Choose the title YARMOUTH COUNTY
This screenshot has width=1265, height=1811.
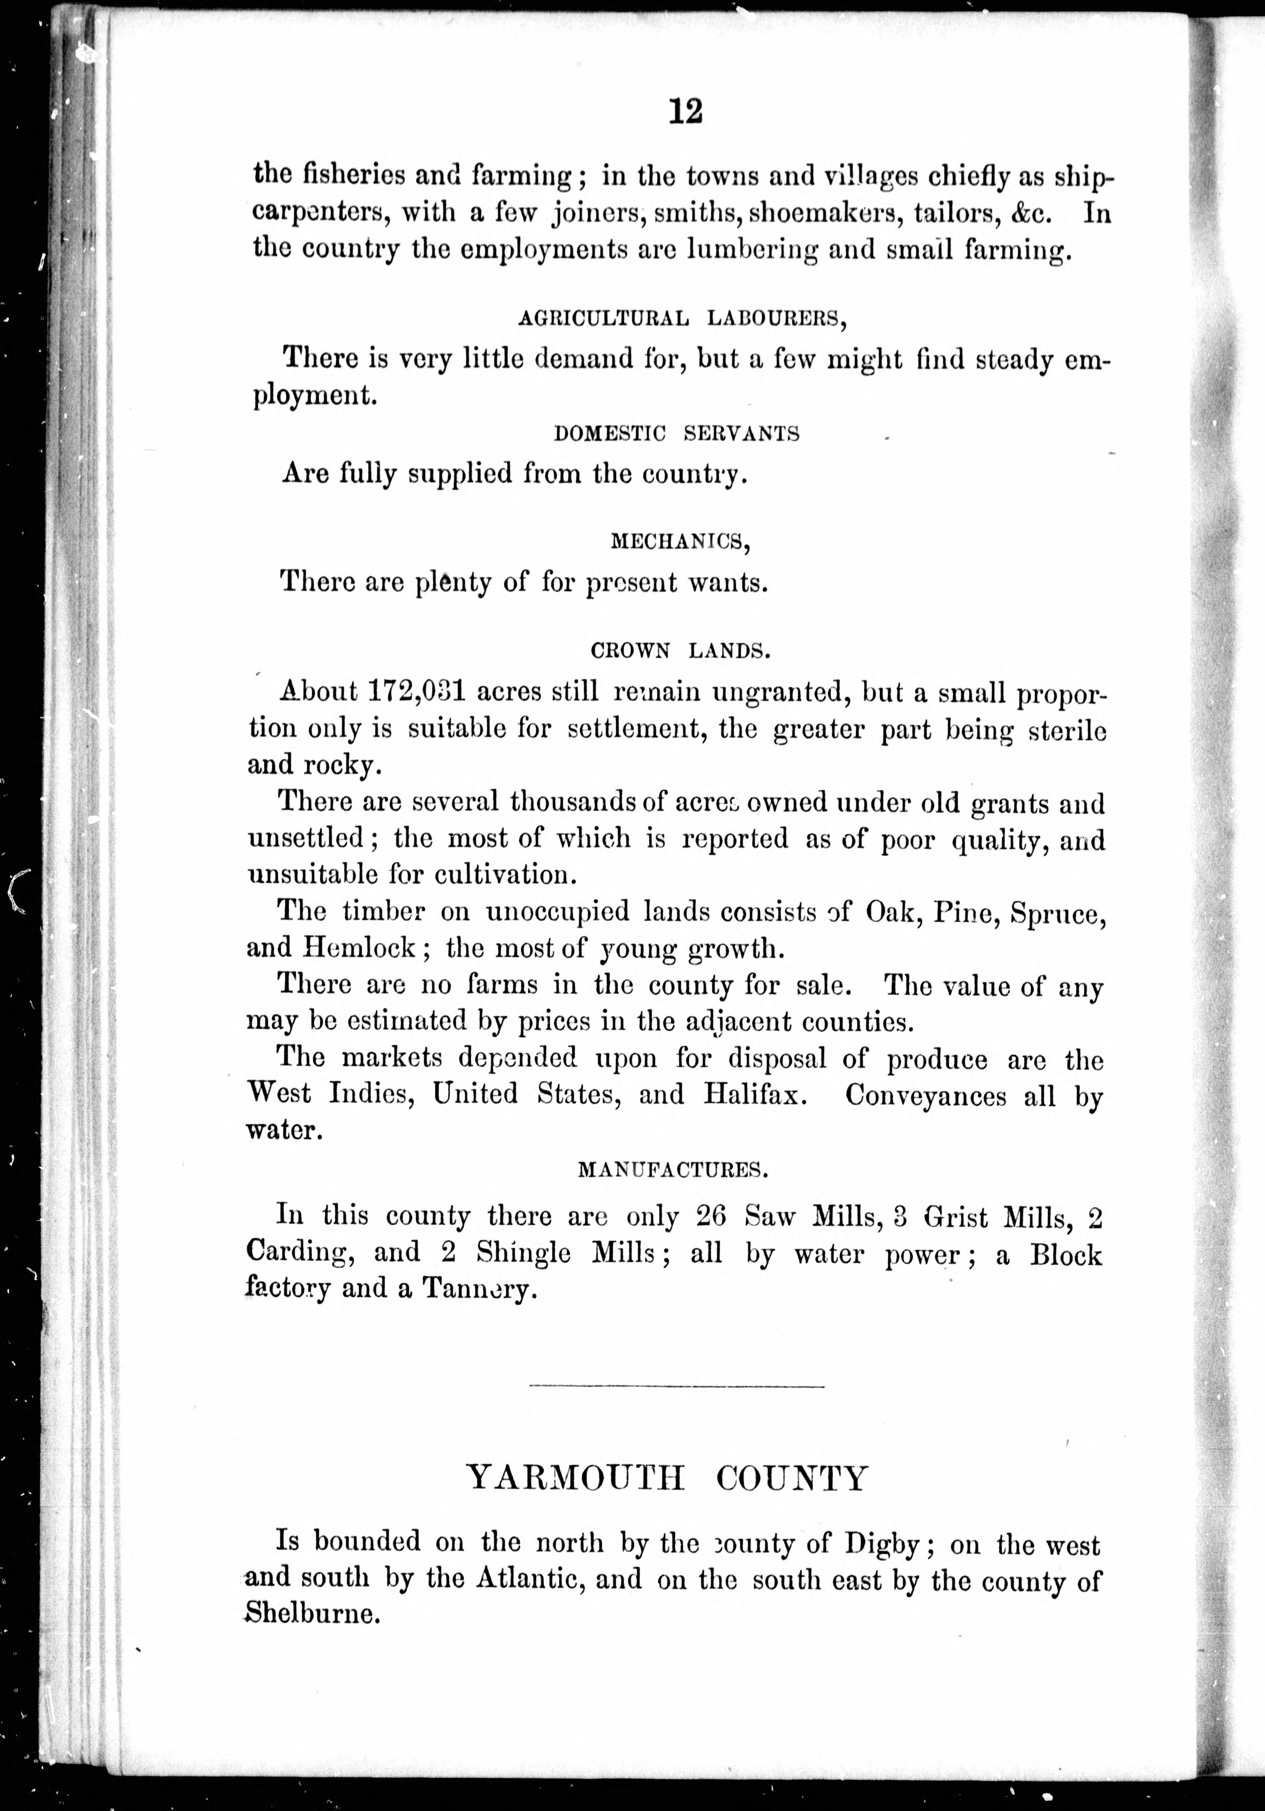pyautogui.click(x=667, y=1477)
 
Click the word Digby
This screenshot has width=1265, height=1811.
pyautogui.click(x=890, y=1544)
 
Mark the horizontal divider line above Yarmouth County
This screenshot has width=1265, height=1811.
pyautogui.click(x=677, y=1386)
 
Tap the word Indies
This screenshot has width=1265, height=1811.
pyautogui.click(x=369, y=1095)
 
